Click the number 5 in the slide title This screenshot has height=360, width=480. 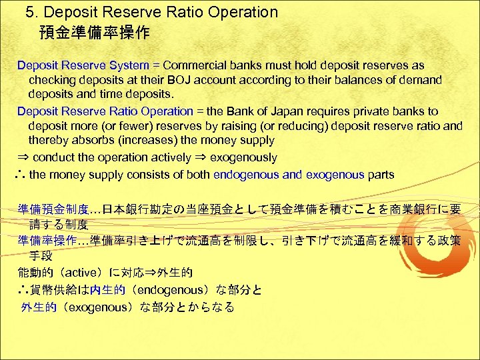[29, 12]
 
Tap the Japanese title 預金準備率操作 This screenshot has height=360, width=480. [94, 32]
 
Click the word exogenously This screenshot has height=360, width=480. [244, 158]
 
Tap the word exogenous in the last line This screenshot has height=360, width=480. [96, 307]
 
